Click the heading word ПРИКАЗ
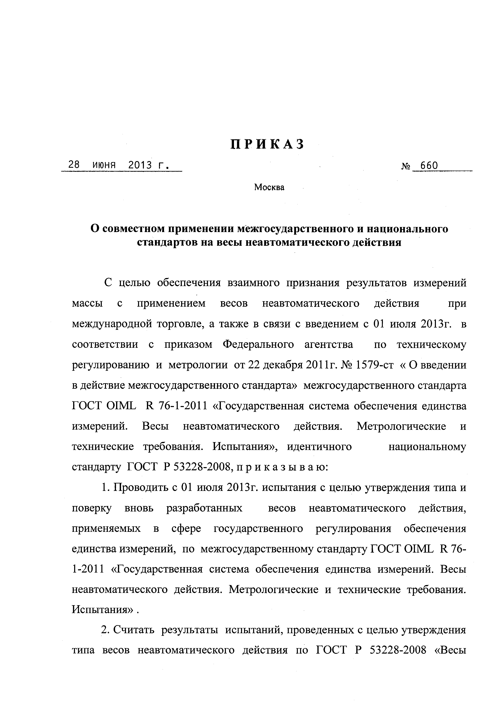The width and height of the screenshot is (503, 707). coord(268,144)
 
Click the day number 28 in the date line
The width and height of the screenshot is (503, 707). coord(74,165)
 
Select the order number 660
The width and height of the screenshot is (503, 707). coord(429,166)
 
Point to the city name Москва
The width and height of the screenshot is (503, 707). coord(269,187)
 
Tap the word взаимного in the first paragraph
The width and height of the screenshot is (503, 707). coord(253,283)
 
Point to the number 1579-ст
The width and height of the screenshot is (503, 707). coord(375,365)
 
